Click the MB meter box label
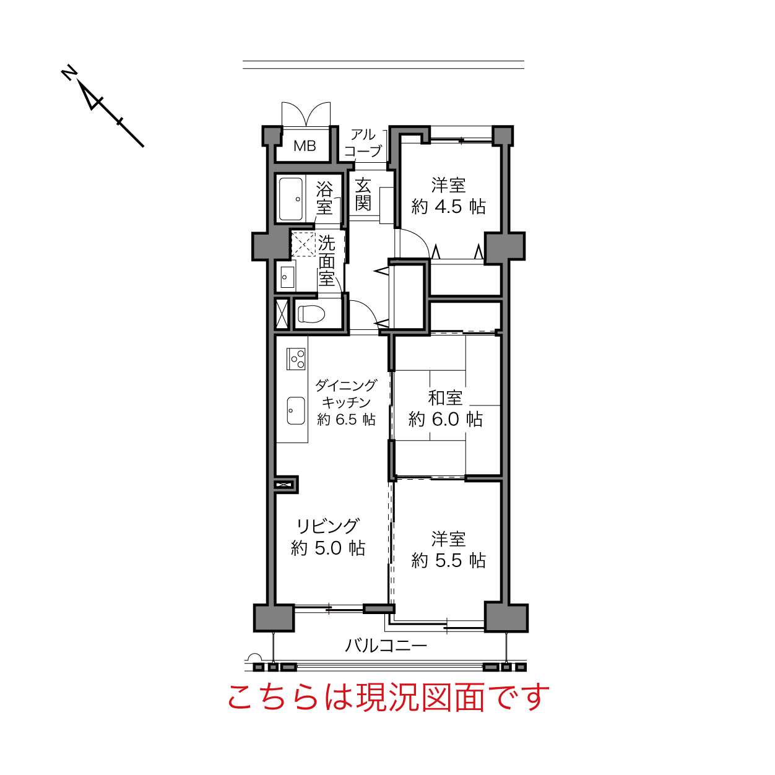tap(305, 146)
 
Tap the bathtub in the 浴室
tap(291, 199)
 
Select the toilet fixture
tap(311, 314)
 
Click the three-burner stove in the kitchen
tap(296, 359)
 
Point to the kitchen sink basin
tap(296, 410)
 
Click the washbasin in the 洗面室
tap(287, 277)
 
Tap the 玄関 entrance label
tap(363, 194)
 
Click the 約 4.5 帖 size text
tap(448, 207)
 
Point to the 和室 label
tap(445, 398)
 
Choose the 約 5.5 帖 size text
tap(448, 561)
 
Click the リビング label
tap(327, 526)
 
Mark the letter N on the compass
tap(69, 72)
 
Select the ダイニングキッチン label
tap(346, 394)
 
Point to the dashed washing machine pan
tap(304, 244)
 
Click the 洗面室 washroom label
tap(326, 260)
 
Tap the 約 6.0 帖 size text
tap(445, 420)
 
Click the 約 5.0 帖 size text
tap(328, 548)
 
